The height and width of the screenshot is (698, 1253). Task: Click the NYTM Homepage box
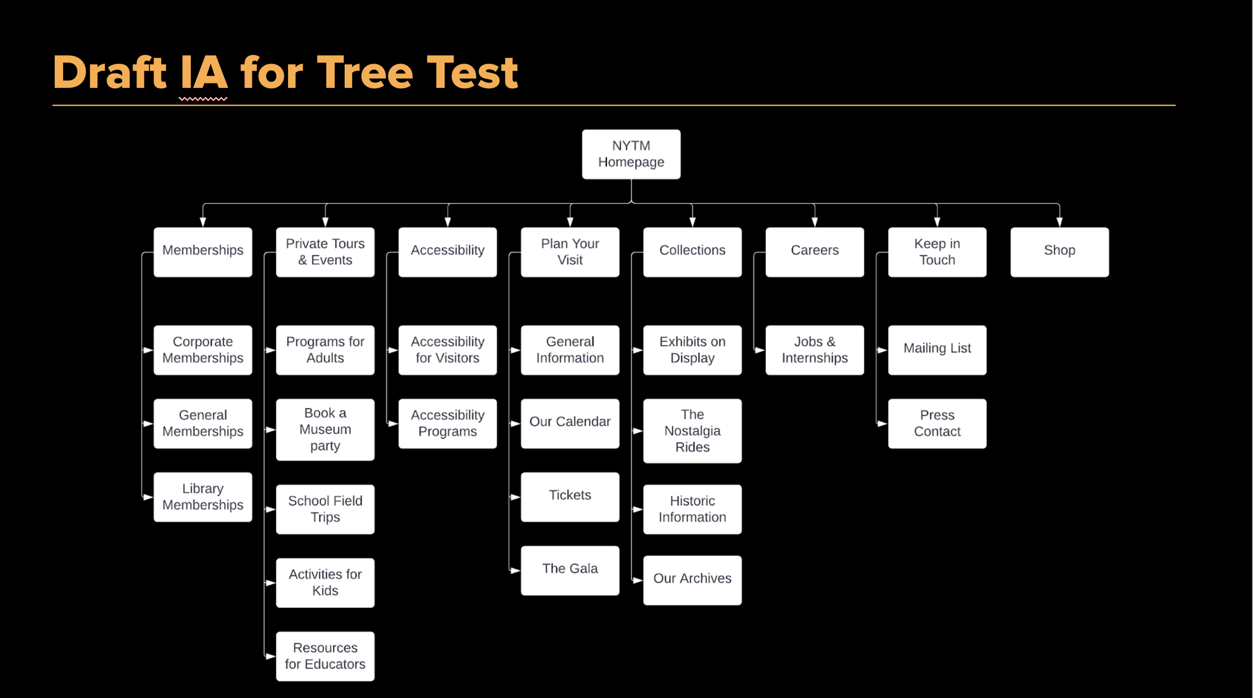click(631, 154)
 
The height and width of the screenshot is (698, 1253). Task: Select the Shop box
click(1059, 252)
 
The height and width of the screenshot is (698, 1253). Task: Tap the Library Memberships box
click(202, 497)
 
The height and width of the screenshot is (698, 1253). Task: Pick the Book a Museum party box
click(325, 429)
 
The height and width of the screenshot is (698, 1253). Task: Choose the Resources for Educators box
click(325, 656)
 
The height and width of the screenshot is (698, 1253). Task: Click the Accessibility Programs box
click(447, 423)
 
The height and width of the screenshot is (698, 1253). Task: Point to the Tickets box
click(570, 497)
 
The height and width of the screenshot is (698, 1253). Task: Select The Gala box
click(570, 570)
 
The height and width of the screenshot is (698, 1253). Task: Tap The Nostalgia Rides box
click(692, 431)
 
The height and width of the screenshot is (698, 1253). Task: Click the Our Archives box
click(692, 580)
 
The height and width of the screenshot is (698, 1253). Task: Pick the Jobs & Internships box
click(814, 350)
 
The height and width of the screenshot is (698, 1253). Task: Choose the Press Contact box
click(937, 423)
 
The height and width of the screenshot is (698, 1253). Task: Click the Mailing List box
click(937, 350)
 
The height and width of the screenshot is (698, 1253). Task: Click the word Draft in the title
click(109, 73)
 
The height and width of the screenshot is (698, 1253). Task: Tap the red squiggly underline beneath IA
click(203, 99)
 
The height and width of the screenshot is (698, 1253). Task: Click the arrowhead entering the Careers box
click(814, 222)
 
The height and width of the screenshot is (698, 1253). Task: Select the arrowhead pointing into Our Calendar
click(515, 424)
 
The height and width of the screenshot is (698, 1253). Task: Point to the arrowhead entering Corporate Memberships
click(148, 350)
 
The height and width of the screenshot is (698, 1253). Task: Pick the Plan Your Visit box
click(570, 252)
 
